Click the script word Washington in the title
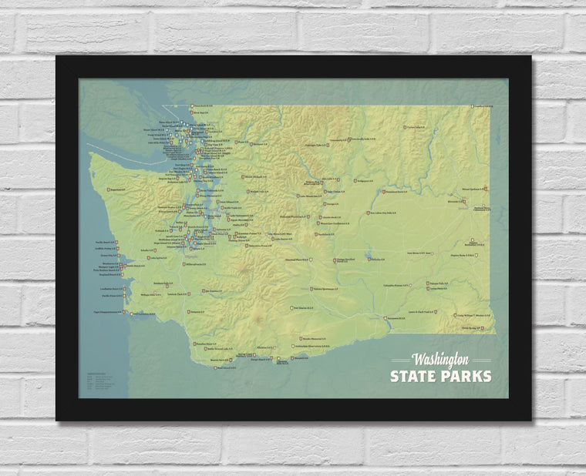point(440,360)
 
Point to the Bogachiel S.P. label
point(117,189)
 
